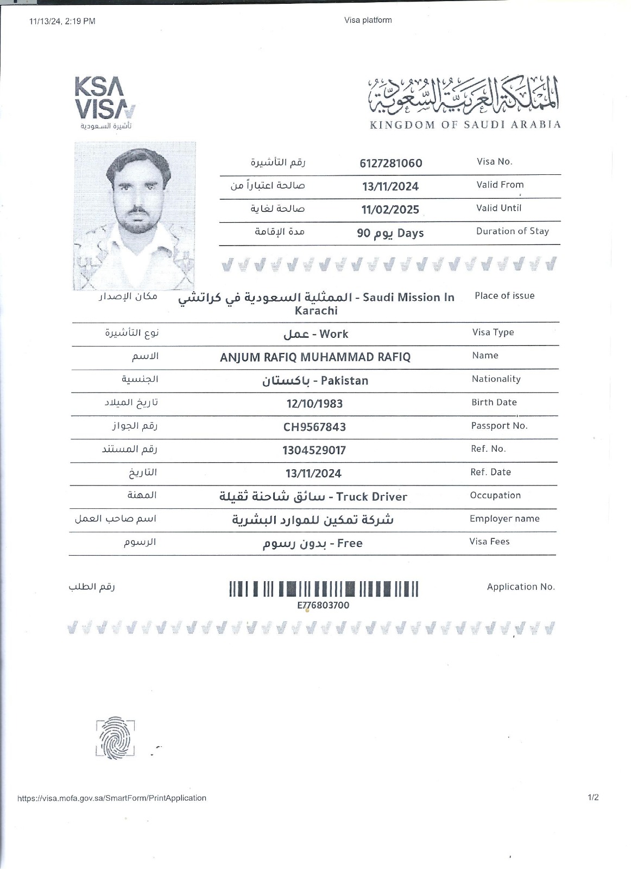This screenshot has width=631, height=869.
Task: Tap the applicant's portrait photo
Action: [x=134, y=216]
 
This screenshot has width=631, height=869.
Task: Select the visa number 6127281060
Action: [x=390, y=163]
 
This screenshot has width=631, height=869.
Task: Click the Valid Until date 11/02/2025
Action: [x=390, y=210]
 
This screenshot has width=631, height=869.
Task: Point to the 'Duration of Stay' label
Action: [x=512, y=231]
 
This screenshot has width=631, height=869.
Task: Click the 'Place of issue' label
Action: [x=504, y=295]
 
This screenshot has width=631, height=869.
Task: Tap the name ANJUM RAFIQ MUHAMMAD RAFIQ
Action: [x=315, y=357]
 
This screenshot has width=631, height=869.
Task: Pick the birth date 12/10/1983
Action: [x=314, y=404]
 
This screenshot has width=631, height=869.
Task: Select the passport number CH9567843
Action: [x=314, y=427]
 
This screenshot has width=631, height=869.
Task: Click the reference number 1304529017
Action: [x=314, y=450]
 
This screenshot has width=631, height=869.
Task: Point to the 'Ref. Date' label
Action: [x=490, y=472]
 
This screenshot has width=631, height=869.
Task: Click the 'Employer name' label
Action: [x=504, y=519]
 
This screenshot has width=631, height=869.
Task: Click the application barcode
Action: [x=323, y=589]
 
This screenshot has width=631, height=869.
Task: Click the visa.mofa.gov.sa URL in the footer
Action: [x=112, y=798]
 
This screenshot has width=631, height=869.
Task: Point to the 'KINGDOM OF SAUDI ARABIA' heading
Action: [x=465, y=125]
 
